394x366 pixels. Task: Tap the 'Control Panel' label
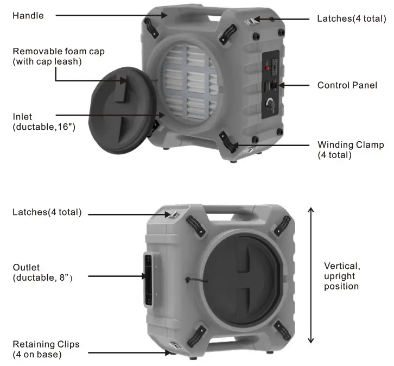click(347, 85)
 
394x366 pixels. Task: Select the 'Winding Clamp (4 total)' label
click(351, 149)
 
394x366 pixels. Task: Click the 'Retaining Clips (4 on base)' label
click(46, 349)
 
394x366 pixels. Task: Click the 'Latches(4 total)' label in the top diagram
click(351, 18)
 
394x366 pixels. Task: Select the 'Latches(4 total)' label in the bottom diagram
click(47, 212)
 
